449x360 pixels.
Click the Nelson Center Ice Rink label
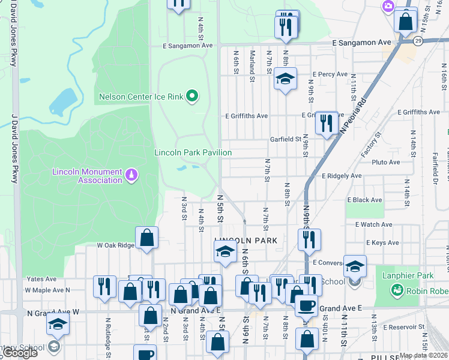(141, 96)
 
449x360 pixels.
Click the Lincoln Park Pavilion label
(193, 152)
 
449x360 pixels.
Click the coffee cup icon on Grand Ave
(306, 305)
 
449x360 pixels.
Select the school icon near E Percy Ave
(286, 79)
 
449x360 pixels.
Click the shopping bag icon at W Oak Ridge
(146, 238)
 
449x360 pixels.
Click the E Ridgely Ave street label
(342, 176)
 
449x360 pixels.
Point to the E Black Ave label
(364, 200)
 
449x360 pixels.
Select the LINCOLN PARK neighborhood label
(246, 240)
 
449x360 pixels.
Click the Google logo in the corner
(20, 353)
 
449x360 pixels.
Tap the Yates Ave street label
(40, 279)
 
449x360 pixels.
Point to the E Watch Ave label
(373, 224)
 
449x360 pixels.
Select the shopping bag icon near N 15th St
(406, 20)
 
